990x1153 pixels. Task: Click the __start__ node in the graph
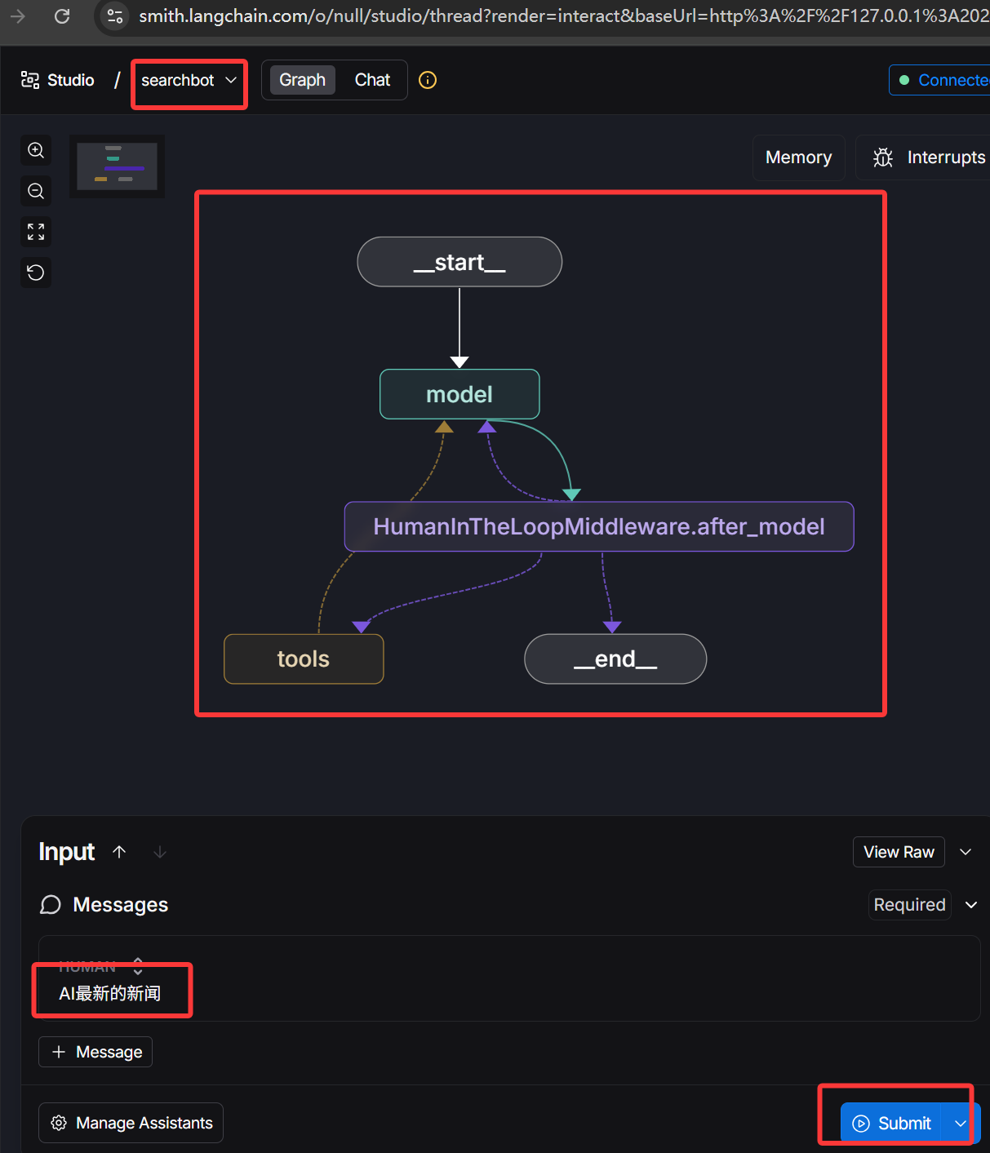tap(459, 262)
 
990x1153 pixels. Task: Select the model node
tap(459, 394)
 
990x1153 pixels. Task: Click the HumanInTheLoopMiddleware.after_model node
tap(599, 526)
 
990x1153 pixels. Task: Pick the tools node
tap(304, 659)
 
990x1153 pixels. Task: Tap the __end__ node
tap(615, 659)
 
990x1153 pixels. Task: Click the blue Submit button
tap(892, 1124)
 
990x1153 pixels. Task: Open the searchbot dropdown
tap(189, 80)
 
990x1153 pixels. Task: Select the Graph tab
tap(302, 80)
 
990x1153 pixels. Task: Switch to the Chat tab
tap(372, 80)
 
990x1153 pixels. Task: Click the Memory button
tap(798, 157)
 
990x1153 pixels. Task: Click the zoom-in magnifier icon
tap(36, 150)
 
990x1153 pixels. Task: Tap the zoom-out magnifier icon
tap(36, 191)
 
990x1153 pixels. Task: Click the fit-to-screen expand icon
tap(36, 232)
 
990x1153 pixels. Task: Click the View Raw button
tap(899, 852)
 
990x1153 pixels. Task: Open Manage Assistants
tap(131, 1123)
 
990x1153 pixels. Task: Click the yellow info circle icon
tap(428, 80)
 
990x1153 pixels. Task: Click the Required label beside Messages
tap(909, 905)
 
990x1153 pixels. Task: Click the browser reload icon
tap(62, 16)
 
